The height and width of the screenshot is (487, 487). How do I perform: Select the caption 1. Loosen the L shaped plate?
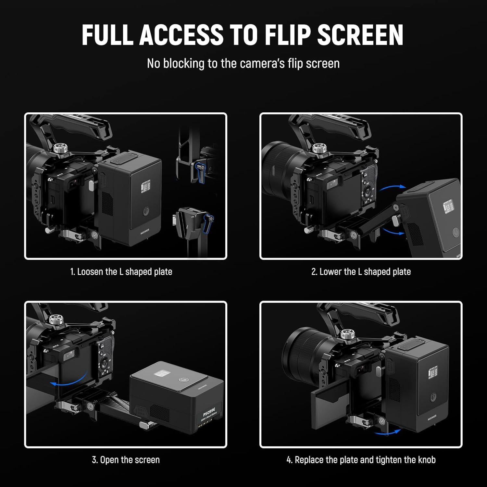[x=121, y=272]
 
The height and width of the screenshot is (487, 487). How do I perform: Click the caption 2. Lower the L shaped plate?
[x=361, y=272]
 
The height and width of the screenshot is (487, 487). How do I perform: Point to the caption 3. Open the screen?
[x=126, y=460]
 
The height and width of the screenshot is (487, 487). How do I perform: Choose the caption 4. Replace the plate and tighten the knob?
[x=361, y=460]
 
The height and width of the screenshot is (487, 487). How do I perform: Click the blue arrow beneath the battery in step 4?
[x=387, y=432]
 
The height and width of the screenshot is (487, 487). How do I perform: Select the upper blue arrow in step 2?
[x=393, y=189]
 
